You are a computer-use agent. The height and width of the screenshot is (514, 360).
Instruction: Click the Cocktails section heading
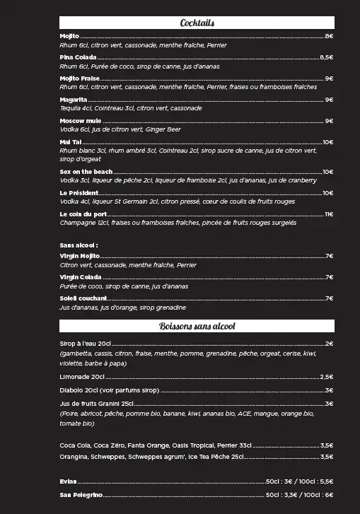pyautogui.click(x=197, y=23)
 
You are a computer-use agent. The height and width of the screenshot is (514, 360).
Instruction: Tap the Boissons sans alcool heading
pyautogui.click(x=197, y=327)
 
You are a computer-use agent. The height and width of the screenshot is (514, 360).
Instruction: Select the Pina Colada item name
pyautogui.click(x=78, y=57)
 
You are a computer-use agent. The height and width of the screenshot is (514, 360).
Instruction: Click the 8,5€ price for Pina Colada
pyautogui.click(x=326, y=57)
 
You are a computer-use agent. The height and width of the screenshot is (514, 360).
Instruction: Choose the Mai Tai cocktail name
pyautogui.click(x=71, y=142)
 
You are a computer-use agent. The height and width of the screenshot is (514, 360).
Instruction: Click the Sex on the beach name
pyautogui.click(x=86, y=172)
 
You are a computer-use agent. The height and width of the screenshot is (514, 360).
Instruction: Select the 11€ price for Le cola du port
pyautogui.click(x=328, y=214)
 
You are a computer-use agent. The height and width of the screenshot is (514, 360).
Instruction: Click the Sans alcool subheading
pyautogui.click(x=79, y=245)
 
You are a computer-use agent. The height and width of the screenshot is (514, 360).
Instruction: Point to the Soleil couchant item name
pyautogui.click(x=83, y=298)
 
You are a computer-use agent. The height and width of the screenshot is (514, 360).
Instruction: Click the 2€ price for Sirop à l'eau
pyautogui.click(x=329, y=344)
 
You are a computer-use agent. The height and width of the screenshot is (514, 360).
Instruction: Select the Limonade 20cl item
pyautogui.click(x=82, y=377)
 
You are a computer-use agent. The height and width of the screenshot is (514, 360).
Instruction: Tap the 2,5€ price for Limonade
pyautogui.click(x=326, y=377)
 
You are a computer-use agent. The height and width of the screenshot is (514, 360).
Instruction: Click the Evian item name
pyautogui.click(x=69, y=481)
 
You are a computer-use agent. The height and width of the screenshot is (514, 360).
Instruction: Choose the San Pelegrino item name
pyautogui.click(x=81, y=495)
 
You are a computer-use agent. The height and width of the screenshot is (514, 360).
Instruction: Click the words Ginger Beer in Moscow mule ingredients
pyautogui.click(x=164, y=130)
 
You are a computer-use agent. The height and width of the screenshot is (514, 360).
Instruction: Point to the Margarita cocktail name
pyautogui.click(x=74, y=100)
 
